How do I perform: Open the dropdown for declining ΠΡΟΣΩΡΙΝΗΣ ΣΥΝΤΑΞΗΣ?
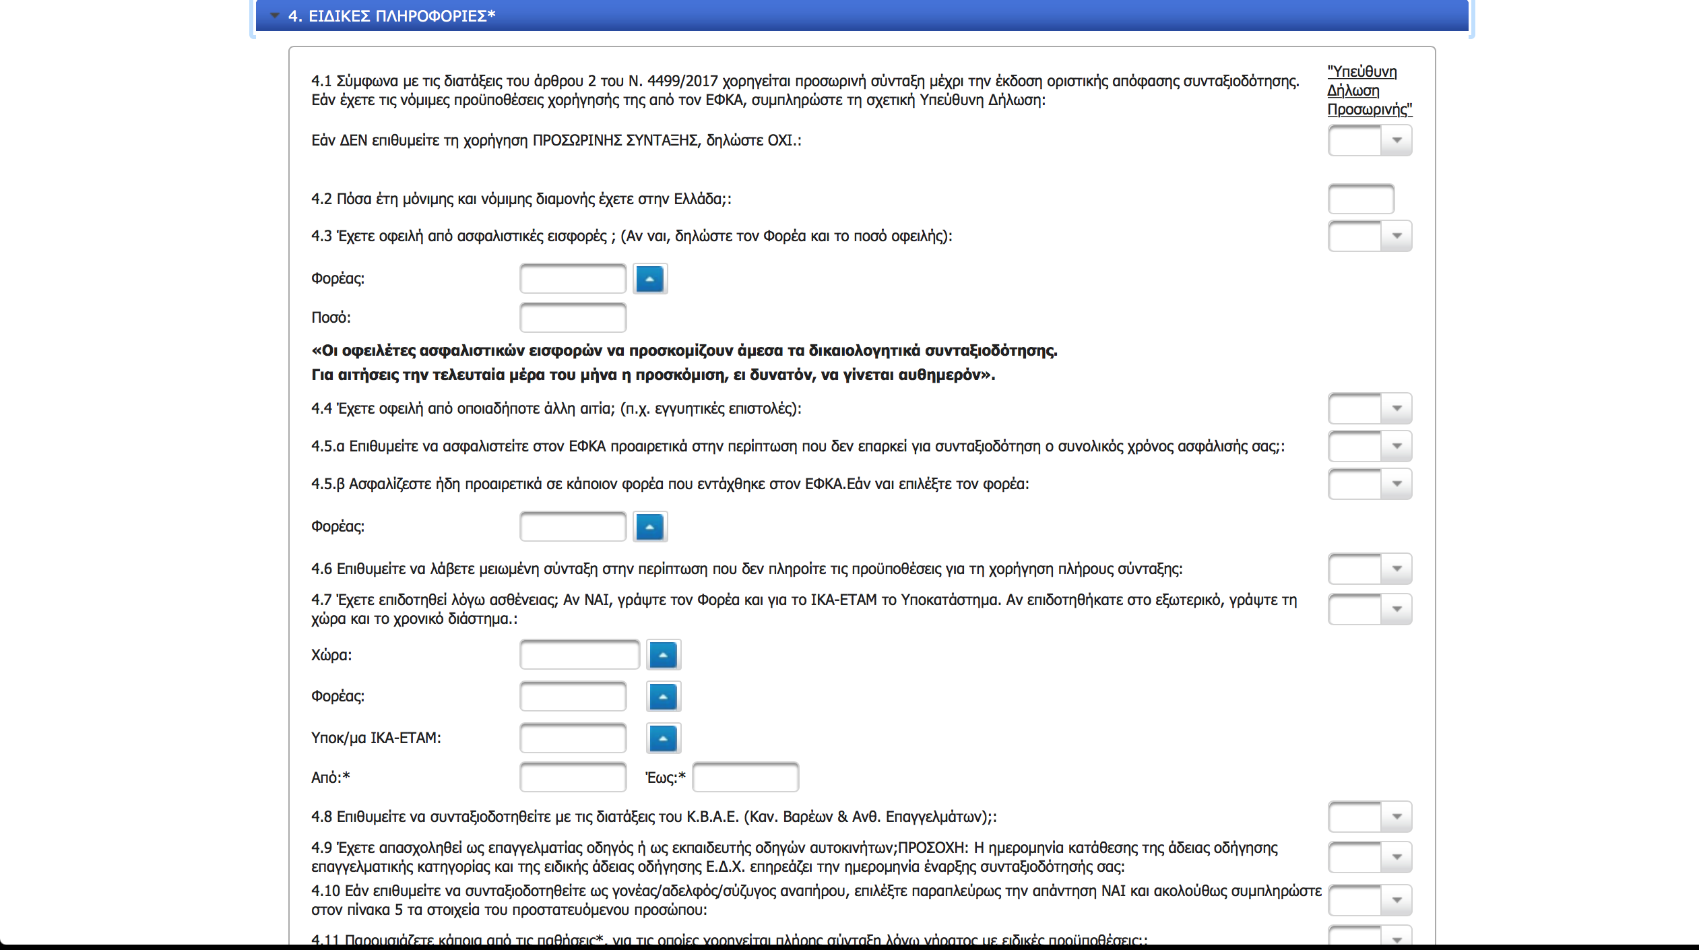point(1370,140)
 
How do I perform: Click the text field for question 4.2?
point(1360,199)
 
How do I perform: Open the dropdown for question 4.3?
point(1370,236)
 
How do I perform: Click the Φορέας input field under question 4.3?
point(573,279)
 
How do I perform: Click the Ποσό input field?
point(573,317)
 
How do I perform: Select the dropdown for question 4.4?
point(1370,408)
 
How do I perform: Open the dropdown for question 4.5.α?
point(1370,446)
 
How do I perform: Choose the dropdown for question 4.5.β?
point(1370,484)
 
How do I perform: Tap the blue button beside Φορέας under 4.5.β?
point(650,527)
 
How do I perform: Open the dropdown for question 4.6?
point(1370,569)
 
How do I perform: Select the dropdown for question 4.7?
point(1370,609)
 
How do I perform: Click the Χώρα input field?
point(579,655)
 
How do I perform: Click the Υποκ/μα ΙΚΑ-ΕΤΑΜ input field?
point(573,738)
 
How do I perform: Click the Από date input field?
point(573,778)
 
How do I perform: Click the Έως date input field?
point(745,778)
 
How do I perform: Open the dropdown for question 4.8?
point(1370,817)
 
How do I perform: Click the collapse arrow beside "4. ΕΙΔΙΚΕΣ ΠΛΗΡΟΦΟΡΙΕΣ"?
point(275,15)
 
